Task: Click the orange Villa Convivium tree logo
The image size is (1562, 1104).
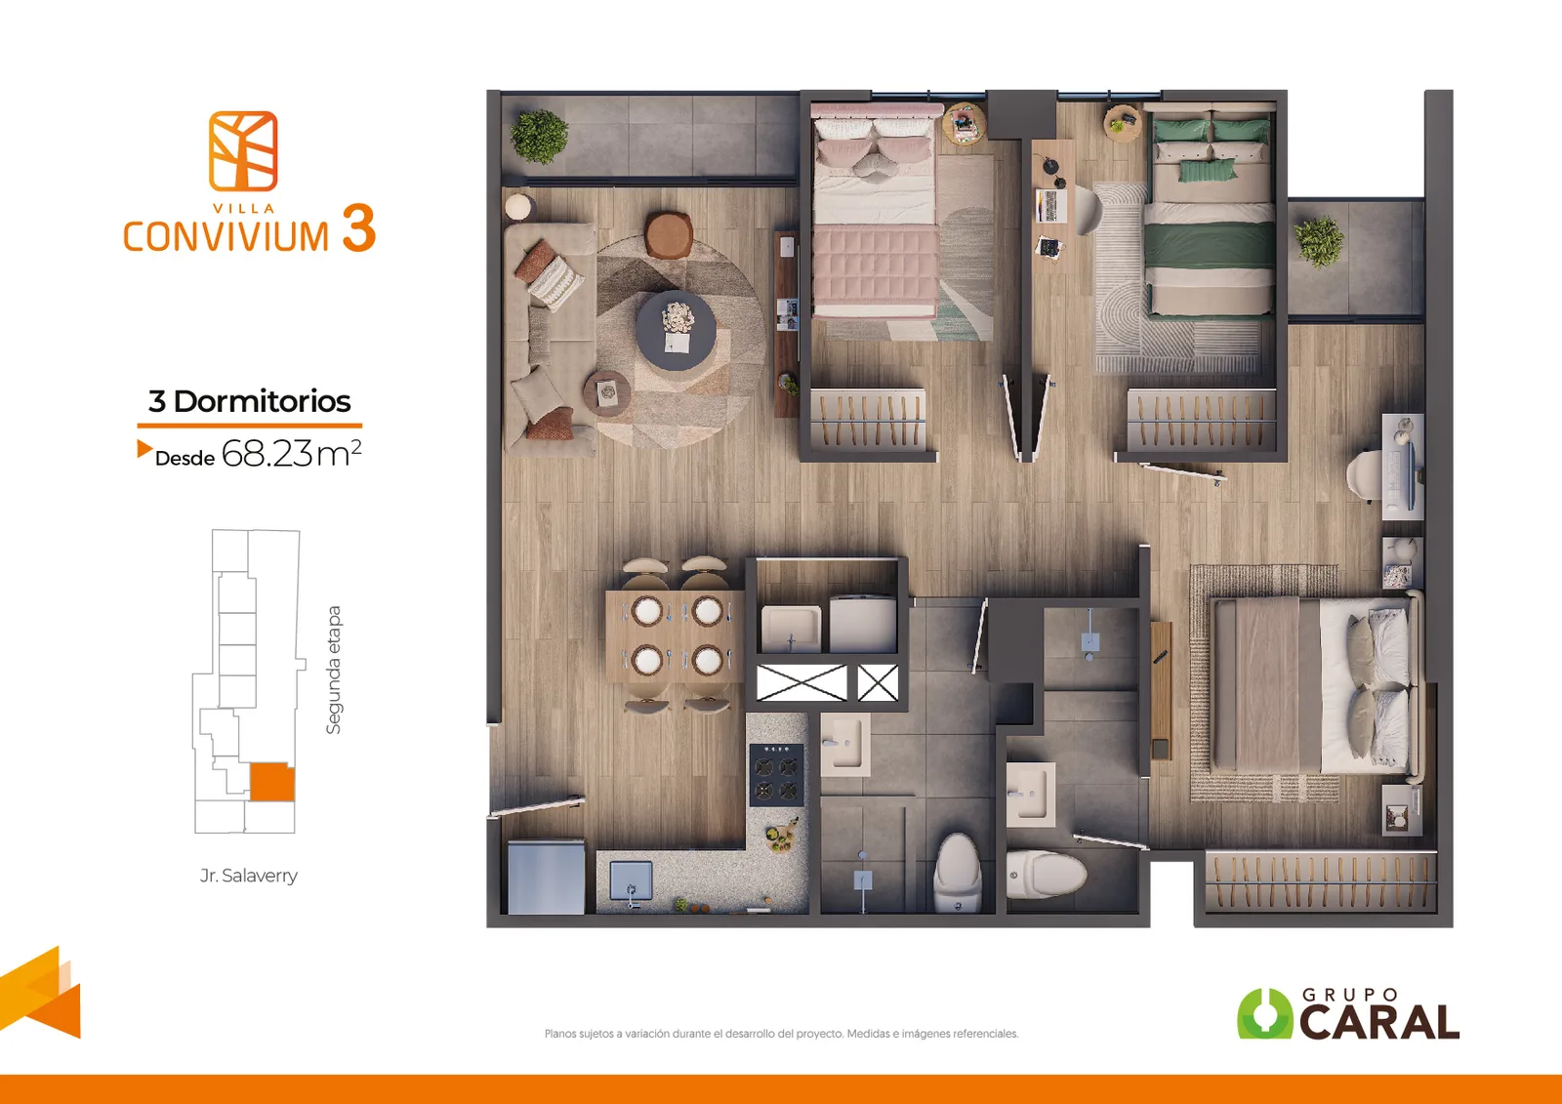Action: pyautogui.click(x=243, y=151)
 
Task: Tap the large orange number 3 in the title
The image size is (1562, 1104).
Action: pyautogui.click(x=358, y=228)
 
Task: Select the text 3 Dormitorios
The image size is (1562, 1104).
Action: pyautogui.click(x=249, y=401)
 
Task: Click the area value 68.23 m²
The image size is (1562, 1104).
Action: pyautogui.click(x=292, y=453)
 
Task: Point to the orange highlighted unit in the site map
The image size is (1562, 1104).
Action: pyautogui.click(x=272, y=782)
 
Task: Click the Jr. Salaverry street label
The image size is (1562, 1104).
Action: pyautogui.click(x=248, y=876)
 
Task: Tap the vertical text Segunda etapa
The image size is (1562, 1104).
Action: pyautogui.click(x=334, y=670)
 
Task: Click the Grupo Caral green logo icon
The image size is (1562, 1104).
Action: pyautogui.click(x=1264, y=1013)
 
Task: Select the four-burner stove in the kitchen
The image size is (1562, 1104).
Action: pyautogui.click(x=776, y=774)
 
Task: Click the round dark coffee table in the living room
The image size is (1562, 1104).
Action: pyautogui.click(x=676, y=330)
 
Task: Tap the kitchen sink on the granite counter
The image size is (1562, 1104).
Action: pyautogui.click(x=632, y=882)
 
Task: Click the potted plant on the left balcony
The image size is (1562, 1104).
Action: pyautogui.click(x=539, y=136)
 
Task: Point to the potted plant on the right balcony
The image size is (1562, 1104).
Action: pyautogui.click(x=1319, y=240)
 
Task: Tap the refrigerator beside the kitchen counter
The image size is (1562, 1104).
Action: pyautogui.click(x=546, y=877)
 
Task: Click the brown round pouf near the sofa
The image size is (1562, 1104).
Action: pyautogui.click(x=669, y=234)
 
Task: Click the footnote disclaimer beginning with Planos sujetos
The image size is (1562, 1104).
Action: pyautogui.click(x=781, y=1034)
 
